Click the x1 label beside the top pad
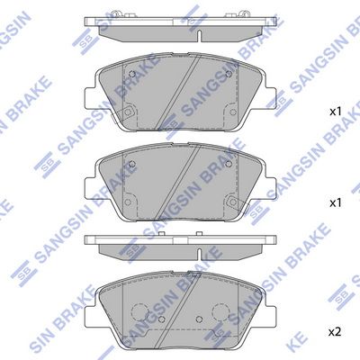(x=334, y=112)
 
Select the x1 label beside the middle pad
(x=334, y=202)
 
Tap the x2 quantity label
(x=334, y=332)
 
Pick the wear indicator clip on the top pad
(x=128, y=112)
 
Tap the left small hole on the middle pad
(x=132, y=164)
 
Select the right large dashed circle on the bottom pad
(x=220, y=314)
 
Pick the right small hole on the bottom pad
(x=201, y=327)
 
